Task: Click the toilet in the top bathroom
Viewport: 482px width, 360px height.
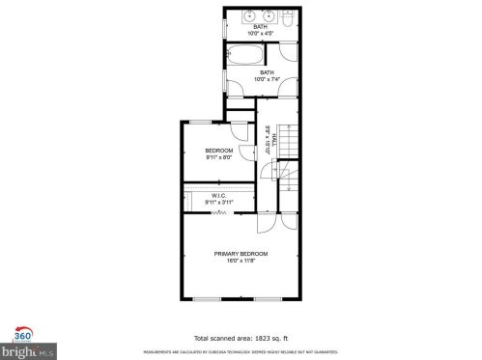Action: coord(288,17)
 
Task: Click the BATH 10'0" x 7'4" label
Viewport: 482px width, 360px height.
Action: coord(266,75)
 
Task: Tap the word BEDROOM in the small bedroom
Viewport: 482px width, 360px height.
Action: coord(218,152)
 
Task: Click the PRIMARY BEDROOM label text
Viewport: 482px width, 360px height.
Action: coord(241,253)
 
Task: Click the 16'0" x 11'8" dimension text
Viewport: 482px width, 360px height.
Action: coord(241,260)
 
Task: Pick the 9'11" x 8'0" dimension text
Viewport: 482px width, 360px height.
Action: coord(218,158)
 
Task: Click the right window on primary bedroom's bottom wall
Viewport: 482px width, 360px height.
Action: coord(268,299)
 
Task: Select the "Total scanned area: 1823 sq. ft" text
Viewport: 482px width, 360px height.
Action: coord(241,338)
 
